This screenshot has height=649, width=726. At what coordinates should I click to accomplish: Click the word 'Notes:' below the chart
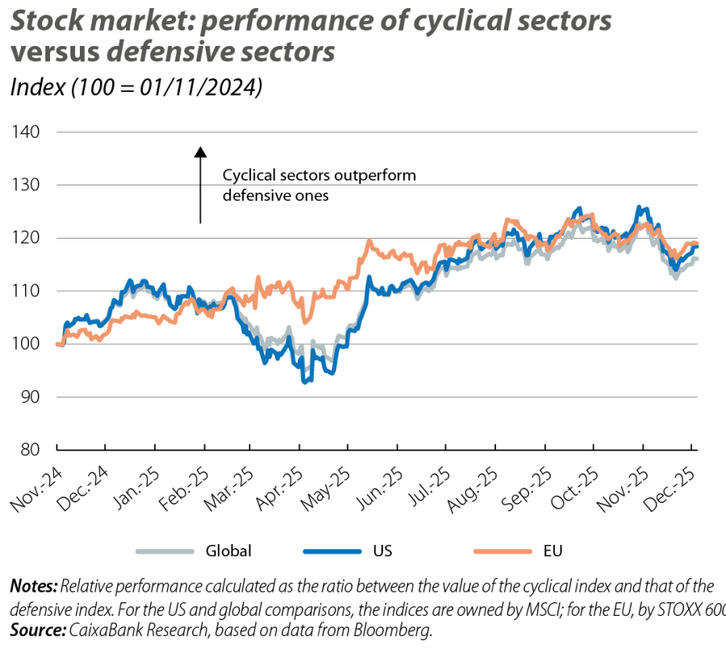[x=32, y=585]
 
